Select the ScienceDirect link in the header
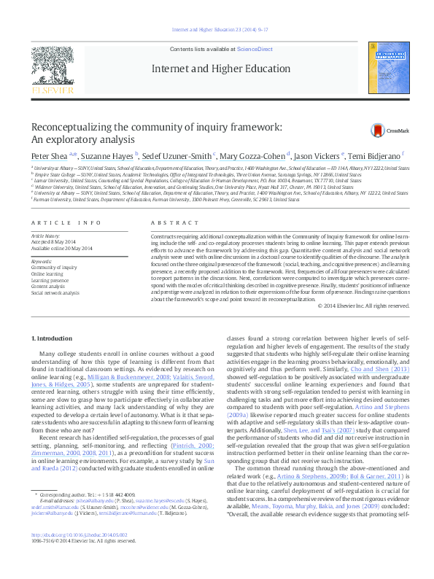click(x=255, y=49)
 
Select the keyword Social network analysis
click(x=55, y=292)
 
